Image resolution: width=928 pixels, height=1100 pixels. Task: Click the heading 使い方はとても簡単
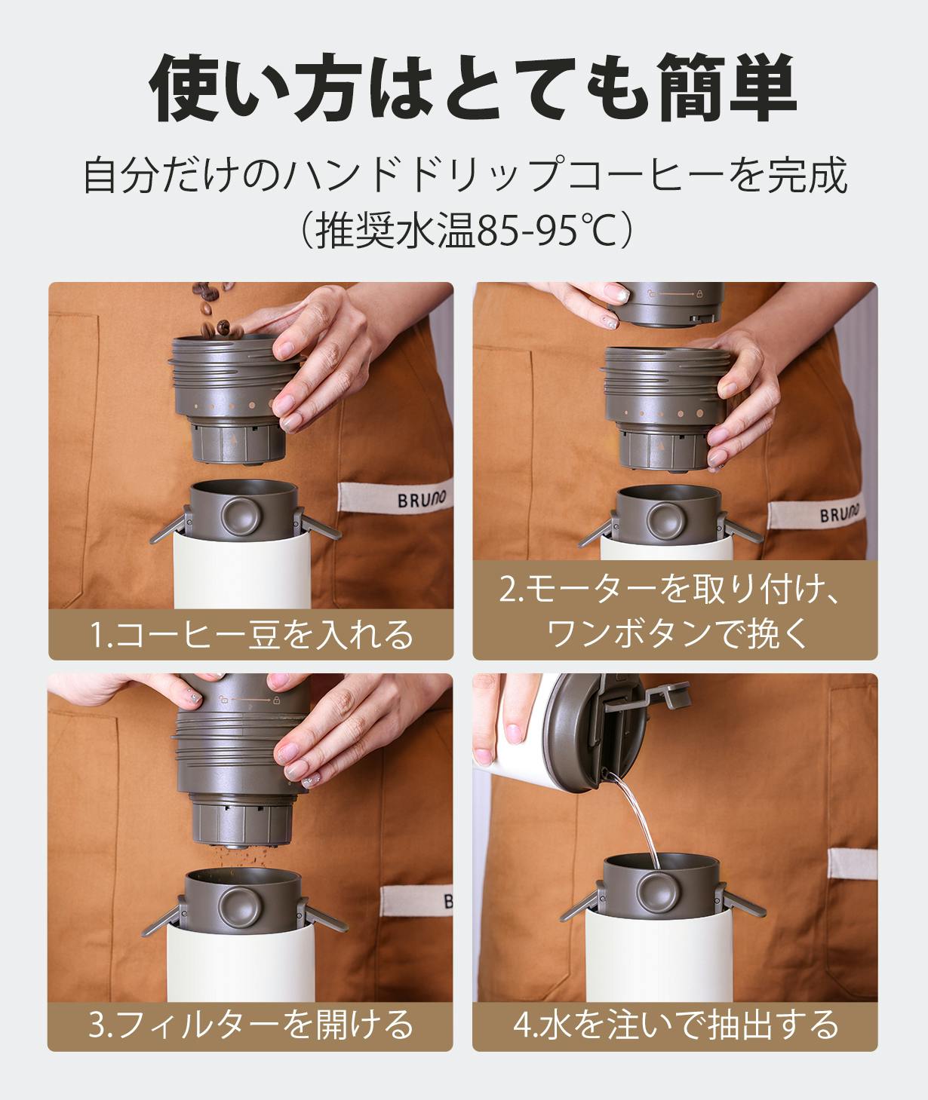[x=473, y=87]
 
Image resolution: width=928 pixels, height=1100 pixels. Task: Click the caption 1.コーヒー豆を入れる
[x=251, y=634]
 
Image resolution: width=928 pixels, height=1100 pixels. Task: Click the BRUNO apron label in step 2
[x=816, y=513]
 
